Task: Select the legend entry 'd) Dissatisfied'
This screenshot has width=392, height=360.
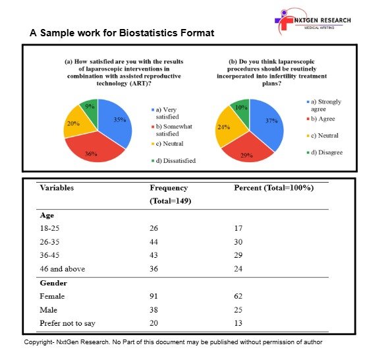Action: pyautogui.click(x=173, y=161)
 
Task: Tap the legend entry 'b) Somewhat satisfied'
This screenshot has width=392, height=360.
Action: pyautogui.click(x=172, y=130)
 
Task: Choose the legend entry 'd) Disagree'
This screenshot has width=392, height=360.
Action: pyautogui.click(x=325, y=152)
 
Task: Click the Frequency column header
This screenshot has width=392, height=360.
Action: pyautogui.click(x=170, y=195)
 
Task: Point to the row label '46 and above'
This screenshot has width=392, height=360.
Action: pyautogui.click(x=62, y=269)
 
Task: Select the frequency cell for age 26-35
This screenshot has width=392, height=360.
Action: pyautogui.click(x=154, y=242)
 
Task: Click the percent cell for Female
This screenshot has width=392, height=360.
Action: pyautogui.click(x=238, y=296)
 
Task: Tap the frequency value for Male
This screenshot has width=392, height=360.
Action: pyautogui.click(x=154, y=310)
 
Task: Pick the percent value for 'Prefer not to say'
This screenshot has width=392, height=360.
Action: pyautogui.click(x=238, y=323)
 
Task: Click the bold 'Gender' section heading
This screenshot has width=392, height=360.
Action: pyautogui.click(x=53, y=283)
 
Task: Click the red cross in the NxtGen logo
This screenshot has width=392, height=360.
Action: pyautogui.click(x=285, y=23)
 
